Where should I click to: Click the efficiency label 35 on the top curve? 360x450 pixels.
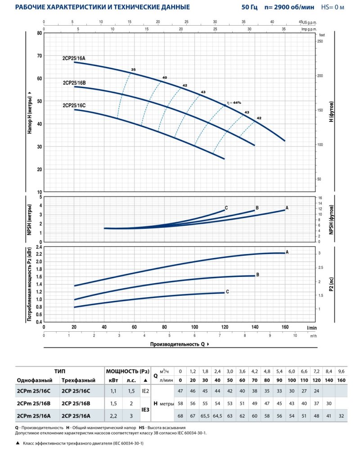[133, 70]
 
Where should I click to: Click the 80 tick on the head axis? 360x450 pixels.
[40, 33]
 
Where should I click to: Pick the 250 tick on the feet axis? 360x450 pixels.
[320, 41]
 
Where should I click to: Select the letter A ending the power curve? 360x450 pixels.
[287, 252]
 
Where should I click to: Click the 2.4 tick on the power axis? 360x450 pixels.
[38, 247]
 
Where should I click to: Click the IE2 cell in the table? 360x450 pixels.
[145, 392]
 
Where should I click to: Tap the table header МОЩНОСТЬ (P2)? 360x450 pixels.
[126, 371]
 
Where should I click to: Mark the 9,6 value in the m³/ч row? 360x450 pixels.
[341, 371]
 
